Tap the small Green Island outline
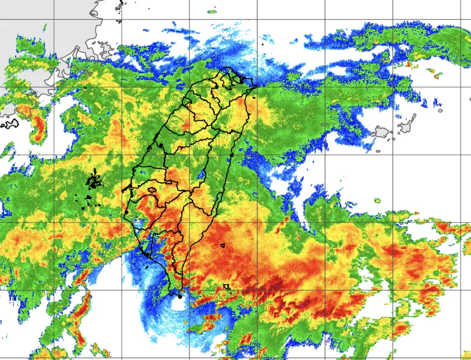(222, 245)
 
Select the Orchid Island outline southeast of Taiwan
(227, 286)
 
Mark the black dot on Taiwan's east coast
(231, 155)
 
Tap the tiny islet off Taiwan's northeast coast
(261, 44)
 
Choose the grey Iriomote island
(382, 133)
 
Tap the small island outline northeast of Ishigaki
(440, 110)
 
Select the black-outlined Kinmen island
(10, 123)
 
